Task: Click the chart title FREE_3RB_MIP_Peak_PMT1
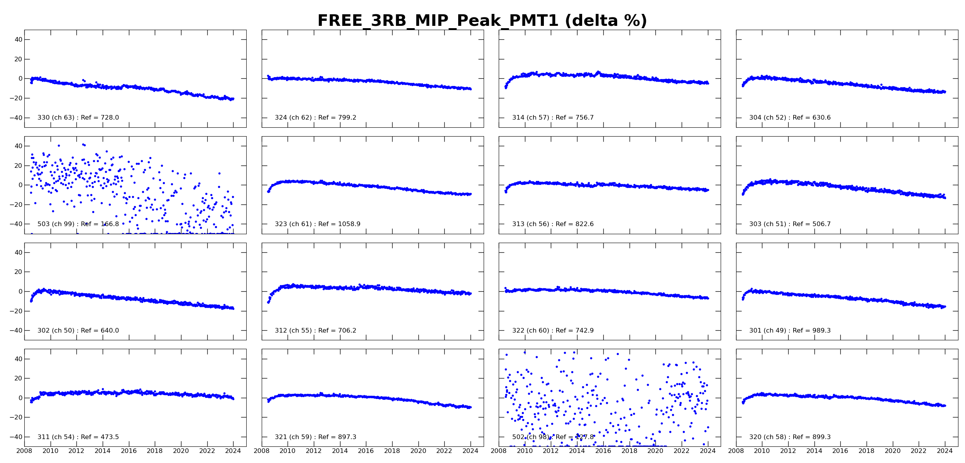(482, 21)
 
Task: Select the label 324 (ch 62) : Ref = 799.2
(315, 118)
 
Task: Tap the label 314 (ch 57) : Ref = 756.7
(553, 118)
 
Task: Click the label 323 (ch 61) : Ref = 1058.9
(317, 224)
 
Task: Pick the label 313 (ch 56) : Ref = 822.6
(553, 224)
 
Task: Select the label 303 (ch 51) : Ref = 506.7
(790, 224)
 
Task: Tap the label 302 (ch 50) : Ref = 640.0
(78, 331)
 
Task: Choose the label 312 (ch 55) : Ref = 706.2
(315, 331)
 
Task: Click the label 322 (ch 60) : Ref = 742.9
(553, 331)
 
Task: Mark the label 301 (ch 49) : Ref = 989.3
(790, 331)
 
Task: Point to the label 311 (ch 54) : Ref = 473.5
(78, 437)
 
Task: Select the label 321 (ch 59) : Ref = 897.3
(315, 437)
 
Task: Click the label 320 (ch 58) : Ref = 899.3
(790, 437)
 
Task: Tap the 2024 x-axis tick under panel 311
(233, 451)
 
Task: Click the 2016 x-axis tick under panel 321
(366, 451)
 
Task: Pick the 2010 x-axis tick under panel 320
(762, 451)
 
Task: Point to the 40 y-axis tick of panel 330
(19, 40)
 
